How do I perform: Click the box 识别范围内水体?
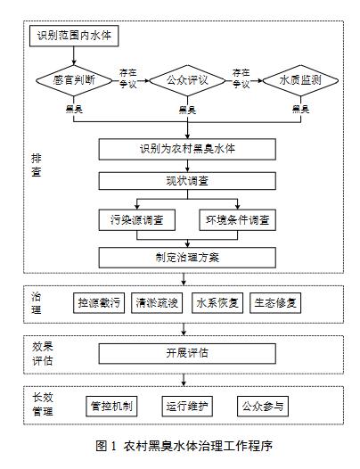point(74,36)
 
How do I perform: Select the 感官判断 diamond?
point(74,80)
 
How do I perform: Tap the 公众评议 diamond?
point(187,80)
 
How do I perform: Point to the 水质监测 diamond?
point(300,80)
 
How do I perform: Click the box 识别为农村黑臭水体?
point(187,149)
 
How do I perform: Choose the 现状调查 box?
point(187,181)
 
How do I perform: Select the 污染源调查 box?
point(137,220)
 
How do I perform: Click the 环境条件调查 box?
point(237,220)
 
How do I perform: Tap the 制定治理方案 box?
point(187,258)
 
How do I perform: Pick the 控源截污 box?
point(99,303)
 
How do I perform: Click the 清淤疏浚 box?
point(157,303)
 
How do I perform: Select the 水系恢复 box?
point(217,303)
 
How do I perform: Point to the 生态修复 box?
point(275,303)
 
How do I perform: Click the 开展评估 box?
point(187,354)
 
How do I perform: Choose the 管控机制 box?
point(111,407)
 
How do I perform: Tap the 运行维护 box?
point(187,407)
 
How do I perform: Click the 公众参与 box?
point(263,407)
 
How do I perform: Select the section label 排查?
point(37,165)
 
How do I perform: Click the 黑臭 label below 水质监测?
point(300,109)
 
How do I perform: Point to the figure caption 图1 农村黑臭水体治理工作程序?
point(184,447)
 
